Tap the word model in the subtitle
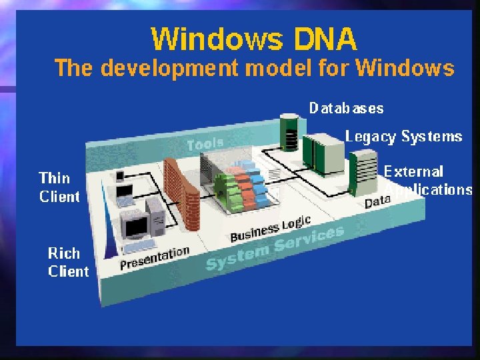point(271,69)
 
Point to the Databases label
point(346,108)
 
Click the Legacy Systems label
point(403,137)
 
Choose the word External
point(413,172)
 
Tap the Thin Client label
point(59,187)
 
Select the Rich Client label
point(67,262)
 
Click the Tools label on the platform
point(205,144)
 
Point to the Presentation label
point(155,258)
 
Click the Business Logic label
point(270,229)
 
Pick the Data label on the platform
point(377,201)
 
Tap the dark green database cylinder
point(289,133)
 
